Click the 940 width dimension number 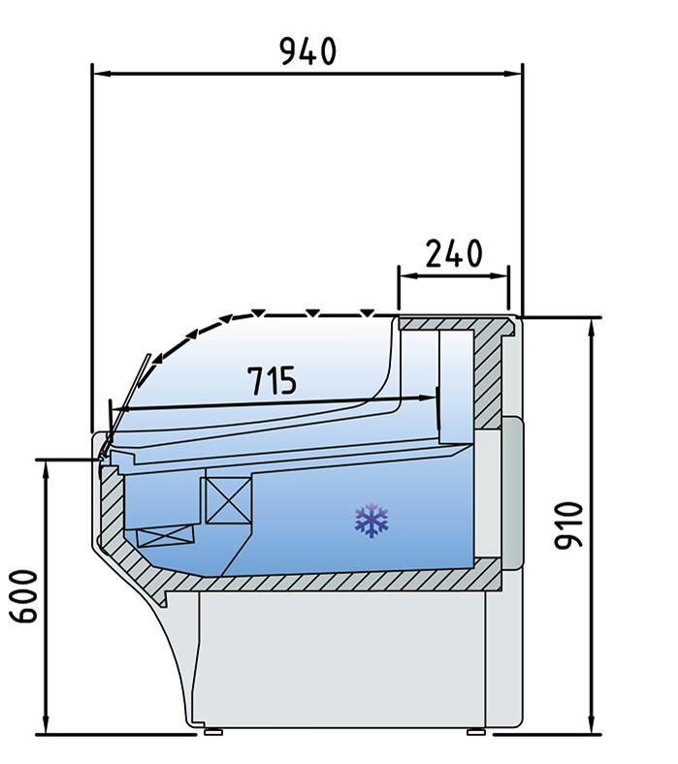click(x=307, y=50)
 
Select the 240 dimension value click(x=454, y=254)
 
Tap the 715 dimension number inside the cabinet click(x=271, y=382)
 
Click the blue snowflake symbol click(x=371, y=520)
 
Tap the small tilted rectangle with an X click(x=166, y=535)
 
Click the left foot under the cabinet click(x=212, y=732)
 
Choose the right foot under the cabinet click(x=475, y=732)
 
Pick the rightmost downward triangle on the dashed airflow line click(x=367, y=313)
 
